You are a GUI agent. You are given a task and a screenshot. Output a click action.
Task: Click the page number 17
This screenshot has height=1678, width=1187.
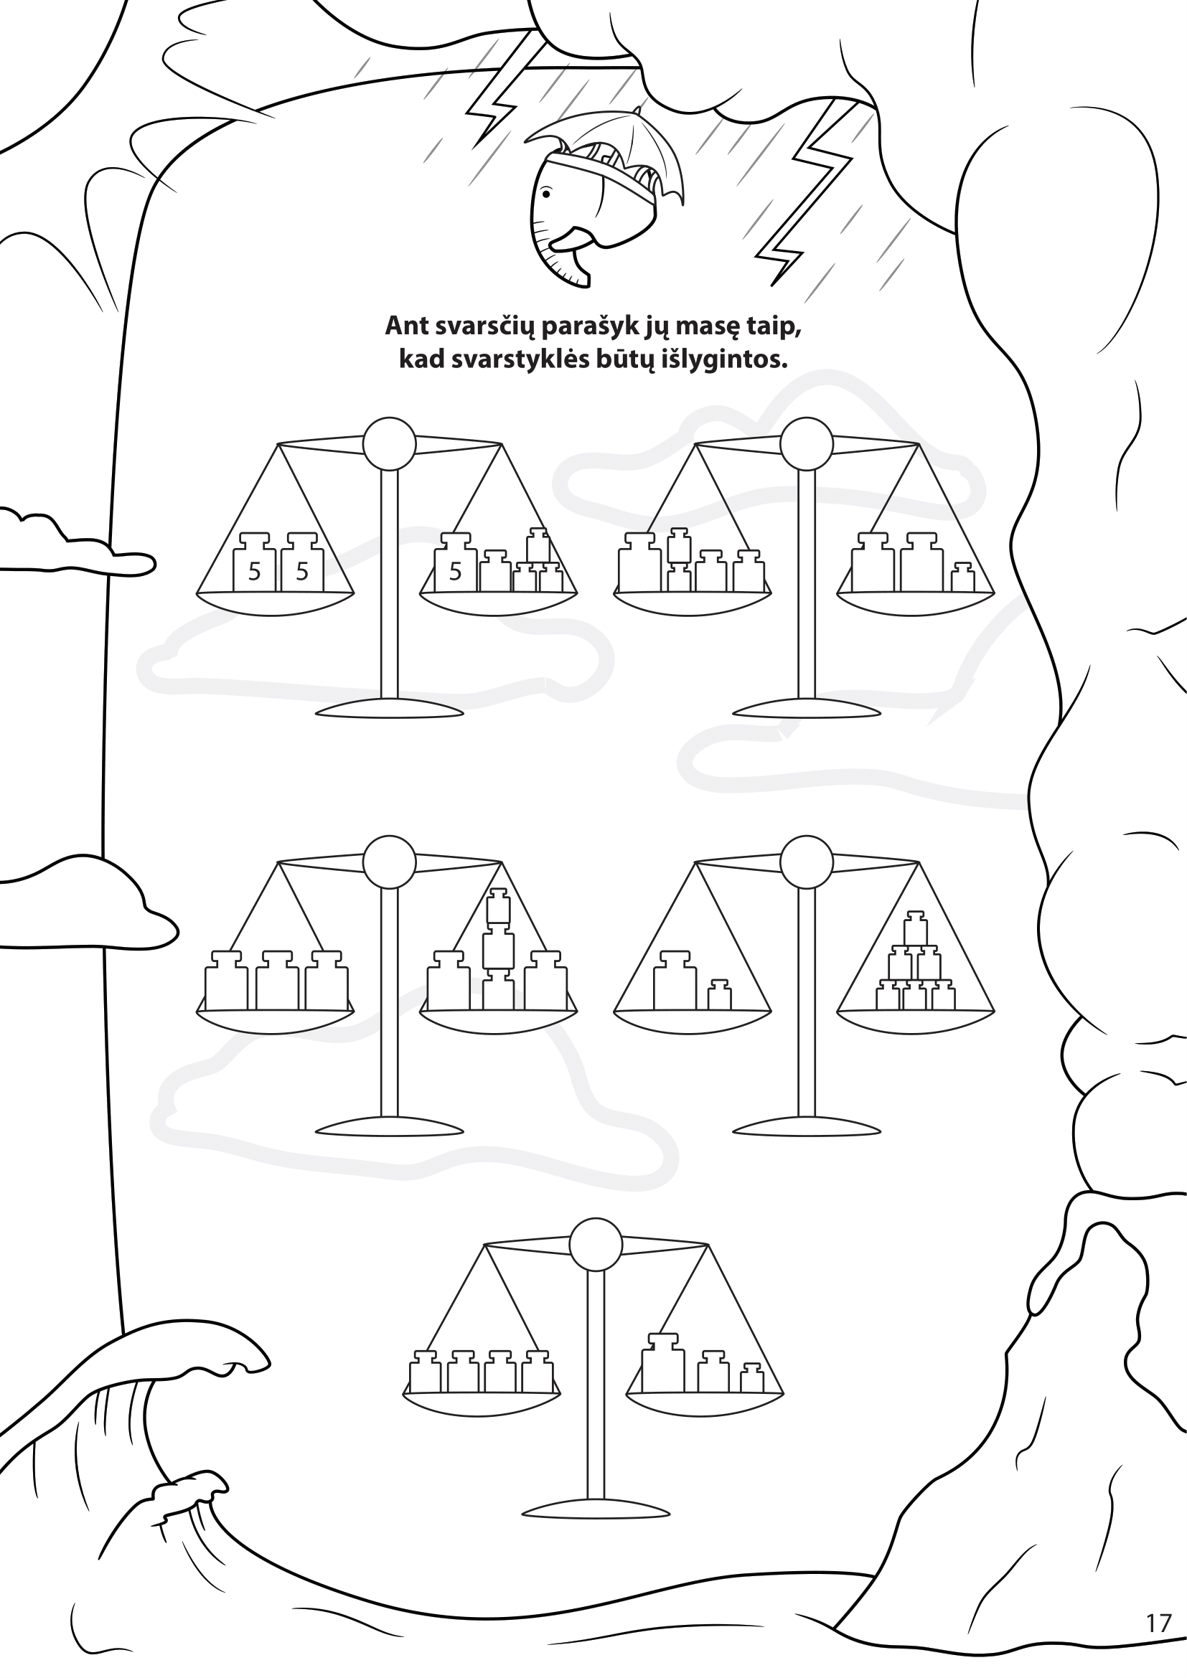1158,1644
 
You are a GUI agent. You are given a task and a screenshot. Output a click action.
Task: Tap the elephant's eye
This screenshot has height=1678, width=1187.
546,194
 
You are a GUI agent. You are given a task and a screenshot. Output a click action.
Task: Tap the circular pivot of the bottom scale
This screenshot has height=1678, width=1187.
596,1245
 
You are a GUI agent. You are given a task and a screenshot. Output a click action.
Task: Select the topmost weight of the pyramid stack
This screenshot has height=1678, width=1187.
915,928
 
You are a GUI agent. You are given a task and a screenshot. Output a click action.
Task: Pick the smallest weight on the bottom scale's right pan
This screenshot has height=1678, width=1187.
751,1378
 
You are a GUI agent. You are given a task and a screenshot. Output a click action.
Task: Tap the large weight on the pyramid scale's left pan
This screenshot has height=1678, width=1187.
675,980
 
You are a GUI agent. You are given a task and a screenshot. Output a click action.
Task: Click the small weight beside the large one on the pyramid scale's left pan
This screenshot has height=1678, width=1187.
719,994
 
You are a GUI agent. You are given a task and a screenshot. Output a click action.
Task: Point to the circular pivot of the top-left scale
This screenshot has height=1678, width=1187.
390,443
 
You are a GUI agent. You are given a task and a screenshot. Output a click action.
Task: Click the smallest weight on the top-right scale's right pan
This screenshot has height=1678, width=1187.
962,578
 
